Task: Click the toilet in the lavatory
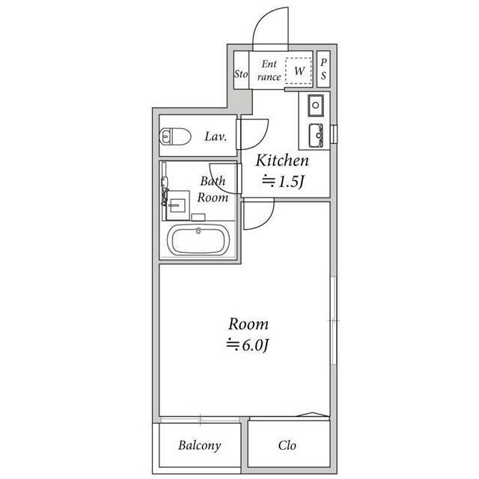[174, 137]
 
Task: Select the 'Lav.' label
[216, 136]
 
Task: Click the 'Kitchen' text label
[282, 161]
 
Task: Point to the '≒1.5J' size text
[282, 180]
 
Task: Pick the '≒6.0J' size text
[248, 344]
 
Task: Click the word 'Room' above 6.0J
[248, 325]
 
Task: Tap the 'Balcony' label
[199, 445]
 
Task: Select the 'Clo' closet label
[287, 445]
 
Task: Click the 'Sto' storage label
[240, 74]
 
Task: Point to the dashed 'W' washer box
[300, 70]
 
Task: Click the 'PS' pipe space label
[323, 70]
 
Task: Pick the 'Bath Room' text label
[212, 189]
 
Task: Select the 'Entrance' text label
[269, 70]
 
